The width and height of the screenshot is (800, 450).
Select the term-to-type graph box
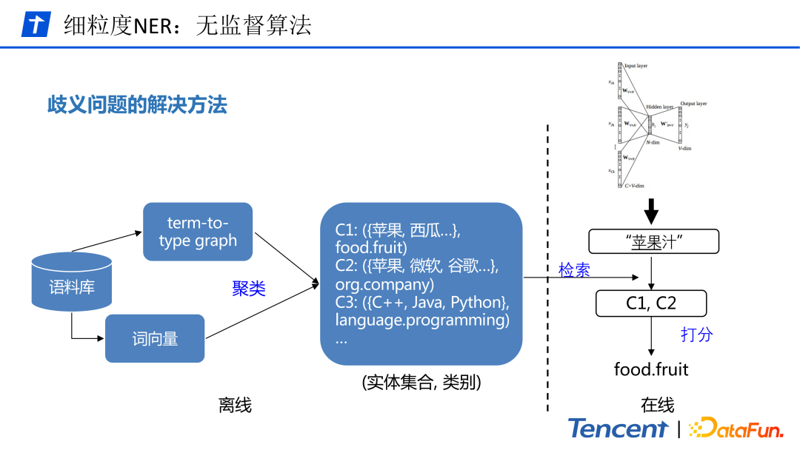[x=197, y=232]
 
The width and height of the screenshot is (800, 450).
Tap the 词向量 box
[x=155, y=339]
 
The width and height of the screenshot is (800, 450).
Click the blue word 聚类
[x=248, y=289]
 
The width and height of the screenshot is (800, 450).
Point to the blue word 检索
[x=574, y=270]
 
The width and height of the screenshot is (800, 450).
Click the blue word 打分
[x=696, y=334]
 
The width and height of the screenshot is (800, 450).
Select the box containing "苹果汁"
[x=653, y=241]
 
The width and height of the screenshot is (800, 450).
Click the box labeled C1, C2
[x=651, y=303]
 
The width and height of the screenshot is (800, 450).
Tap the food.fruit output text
[x=651, y=369]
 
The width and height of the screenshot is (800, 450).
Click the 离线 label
[x=235, y=405]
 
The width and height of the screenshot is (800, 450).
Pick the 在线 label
[x=657, y=405]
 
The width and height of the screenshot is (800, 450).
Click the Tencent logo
[x=618, y=429]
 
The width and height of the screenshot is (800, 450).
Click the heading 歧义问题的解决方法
[x=137, y=104]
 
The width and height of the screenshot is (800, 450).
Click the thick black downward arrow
[x=651, y=210]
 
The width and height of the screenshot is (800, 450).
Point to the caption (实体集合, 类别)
[x=421, y=382]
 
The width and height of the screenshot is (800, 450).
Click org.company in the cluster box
[x=384, y=284]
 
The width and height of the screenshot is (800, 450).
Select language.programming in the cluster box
[x=422, y=320]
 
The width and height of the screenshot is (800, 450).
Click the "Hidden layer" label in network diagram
[x=659, y=107]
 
